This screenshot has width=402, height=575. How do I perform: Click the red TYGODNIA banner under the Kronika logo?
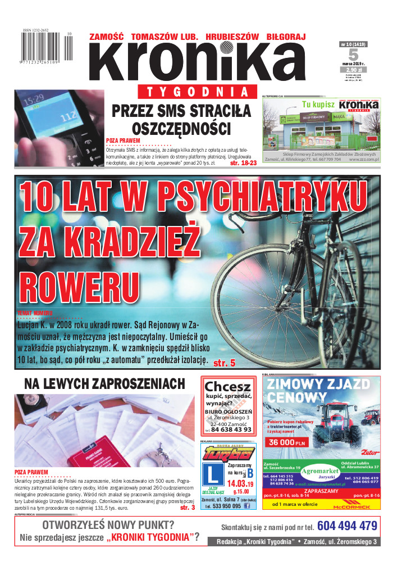coord(193,92)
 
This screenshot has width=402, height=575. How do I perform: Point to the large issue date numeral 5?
coord(353,55)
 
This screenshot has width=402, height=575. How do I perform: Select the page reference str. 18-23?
coord(243,162)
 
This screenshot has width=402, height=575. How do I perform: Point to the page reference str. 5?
coord(225,363)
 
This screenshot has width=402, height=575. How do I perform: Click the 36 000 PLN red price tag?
coord(287,442)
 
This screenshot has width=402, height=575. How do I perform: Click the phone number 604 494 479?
coord(346,526)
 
